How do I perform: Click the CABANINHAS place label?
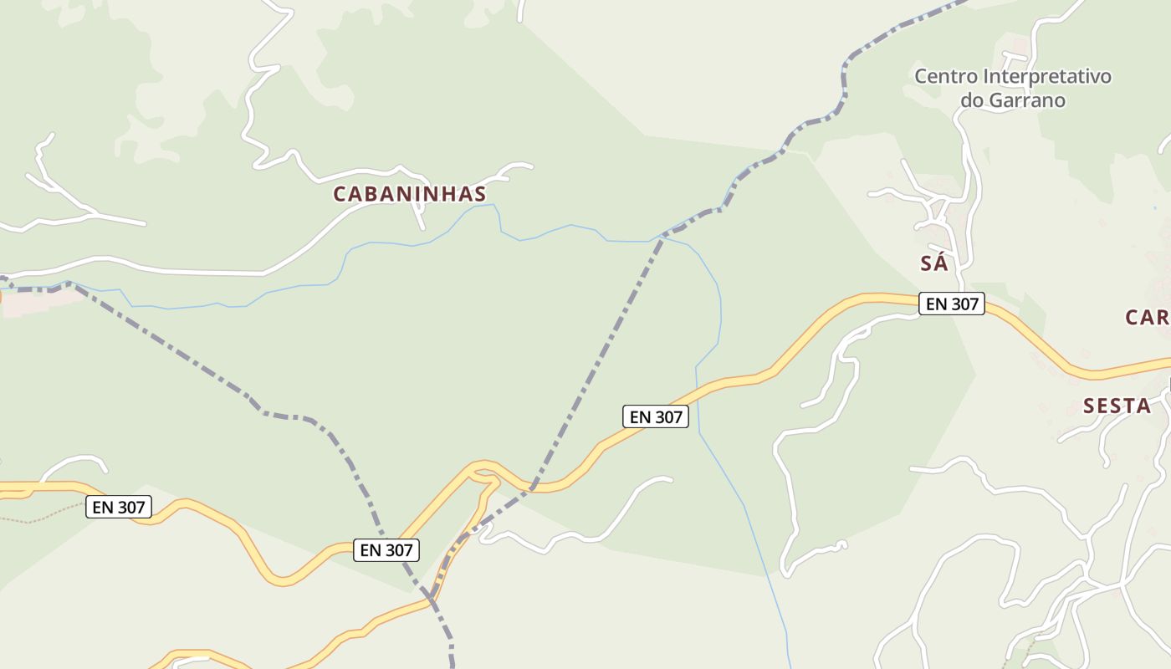click(409, 194)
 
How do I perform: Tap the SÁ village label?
click(933, 263)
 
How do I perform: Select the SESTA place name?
click(1117, 406)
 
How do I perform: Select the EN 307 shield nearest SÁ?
click(952, 304)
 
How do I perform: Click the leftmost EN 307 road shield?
click(119, 507)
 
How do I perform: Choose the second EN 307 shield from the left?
click(386, 550)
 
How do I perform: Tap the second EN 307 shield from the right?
click(656, 416)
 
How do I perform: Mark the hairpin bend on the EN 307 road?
click(477, 473)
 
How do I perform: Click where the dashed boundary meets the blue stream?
click(662, 239)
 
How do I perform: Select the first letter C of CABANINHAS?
click(340, 194)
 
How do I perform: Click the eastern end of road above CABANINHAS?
click(530, 166)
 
